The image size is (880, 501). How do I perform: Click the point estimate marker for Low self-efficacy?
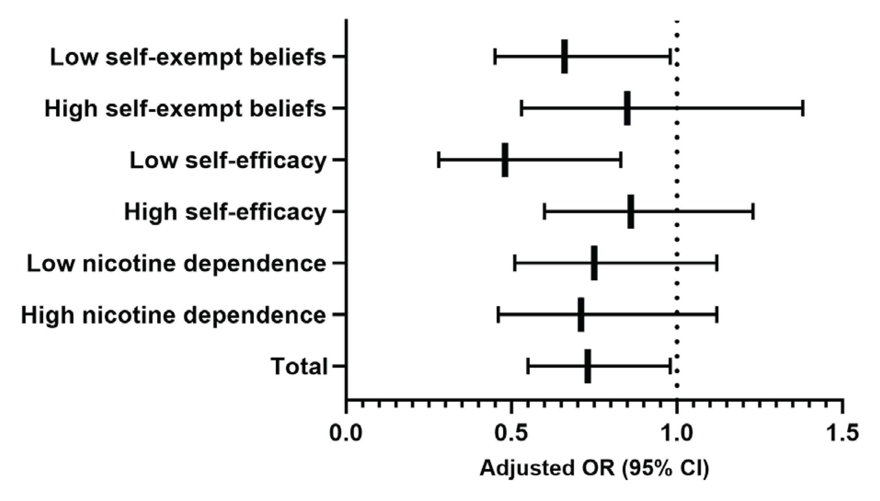click(x=505, y=160)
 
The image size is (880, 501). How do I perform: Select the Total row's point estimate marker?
click(x=588, y=366)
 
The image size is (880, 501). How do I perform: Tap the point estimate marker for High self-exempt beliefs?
click(x=627, y=108)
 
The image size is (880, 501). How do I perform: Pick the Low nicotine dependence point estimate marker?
click(x=594, y=263)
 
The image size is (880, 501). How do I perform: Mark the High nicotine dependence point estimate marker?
click(x=581, y=315)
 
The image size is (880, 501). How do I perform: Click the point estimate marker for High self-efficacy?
click(x=631, y=211)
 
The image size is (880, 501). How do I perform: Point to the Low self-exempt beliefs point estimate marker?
click(x=564, y=57)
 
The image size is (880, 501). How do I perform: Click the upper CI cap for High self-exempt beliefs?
click(x=803, y=108)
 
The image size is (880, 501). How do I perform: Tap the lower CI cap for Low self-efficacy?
click(x=439, y=160)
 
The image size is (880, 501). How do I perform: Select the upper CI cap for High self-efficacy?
click(x=753, y=211)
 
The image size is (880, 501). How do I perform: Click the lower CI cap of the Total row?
click(x=528, y=366)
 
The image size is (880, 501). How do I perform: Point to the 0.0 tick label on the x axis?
click(x=346, y=433)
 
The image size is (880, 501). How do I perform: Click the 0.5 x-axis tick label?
click(x=510, y=433)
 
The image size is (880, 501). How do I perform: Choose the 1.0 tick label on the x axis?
click(x=676, y=433)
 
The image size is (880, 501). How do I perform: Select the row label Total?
click(x=299, y=367)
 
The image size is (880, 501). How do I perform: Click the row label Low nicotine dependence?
click(x=176, y=263)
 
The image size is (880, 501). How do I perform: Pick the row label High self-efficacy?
click(x=225, y=212)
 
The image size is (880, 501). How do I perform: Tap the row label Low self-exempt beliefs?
click(x=188, y=57)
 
